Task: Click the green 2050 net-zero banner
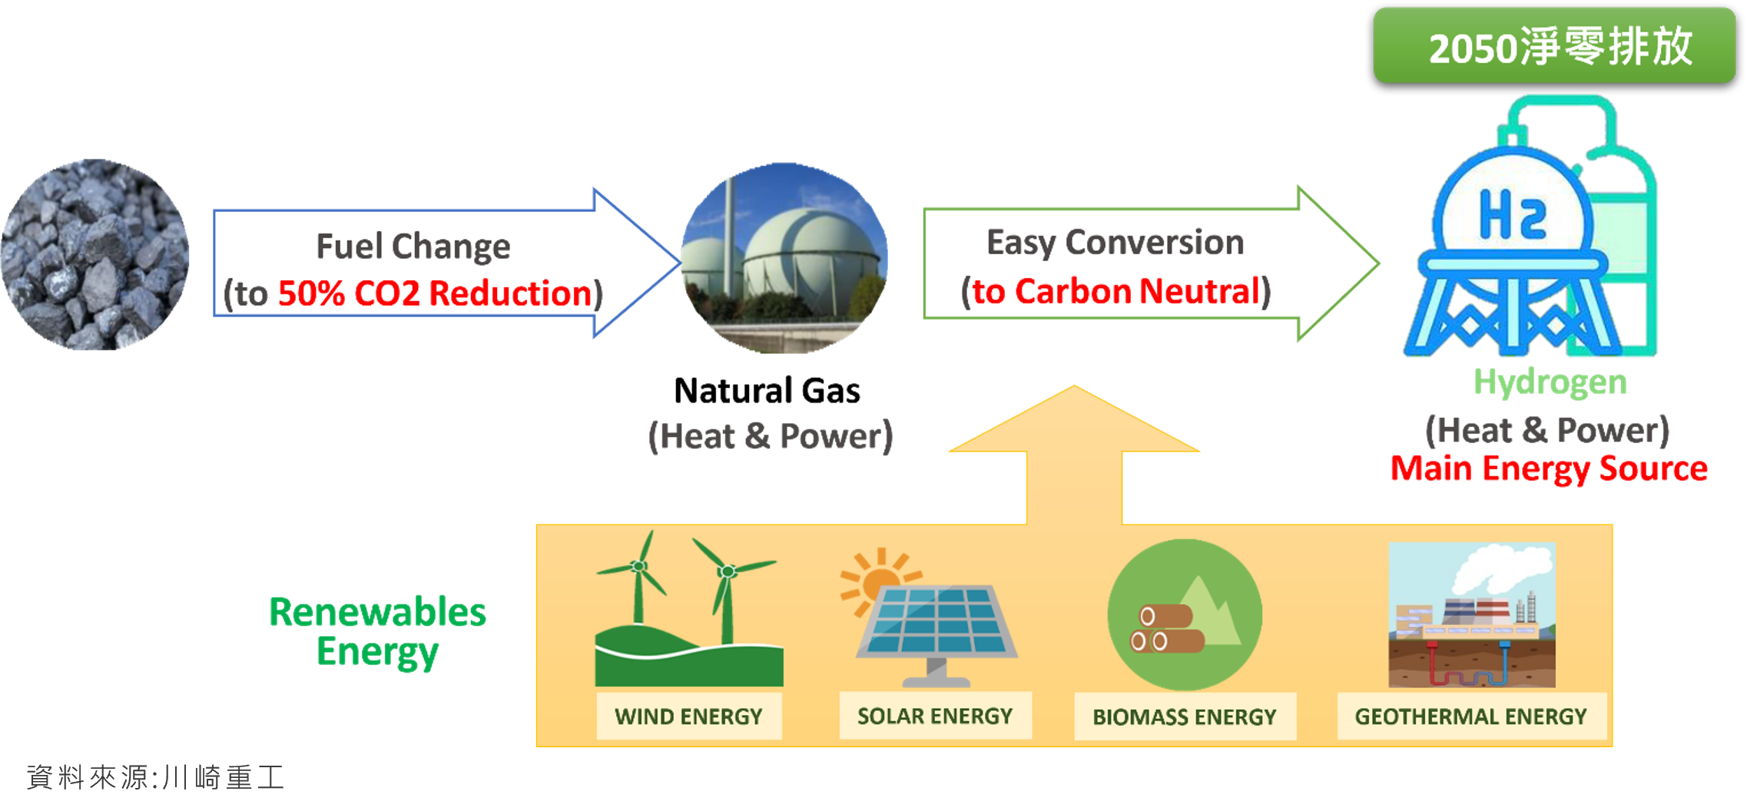click(x=1554, y=45)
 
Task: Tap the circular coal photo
click(x=95, y=254)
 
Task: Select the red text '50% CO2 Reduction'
click(x=435, y=293)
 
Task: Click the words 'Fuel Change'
click(x=413, y=247)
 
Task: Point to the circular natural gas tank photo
click(x=784, y=258)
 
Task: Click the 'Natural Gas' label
click(x=767, y=390)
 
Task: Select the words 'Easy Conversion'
click(x=1115, y=243)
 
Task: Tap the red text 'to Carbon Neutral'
click(x=1116, y=292)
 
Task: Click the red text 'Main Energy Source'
click(x=1550, y=468)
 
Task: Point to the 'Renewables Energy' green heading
click(x=377, y=632)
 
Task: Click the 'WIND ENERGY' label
click(x=688, y=717)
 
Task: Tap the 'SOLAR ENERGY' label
click(x=935, y=716)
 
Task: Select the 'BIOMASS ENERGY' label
click(x=1185, y=717)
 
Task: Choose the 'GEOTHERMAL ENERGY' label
click(x=1470, y=717)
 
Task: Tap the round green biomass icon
click(x=1185, y=615)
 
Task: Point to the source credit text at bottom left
click(x=156, y=777)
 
